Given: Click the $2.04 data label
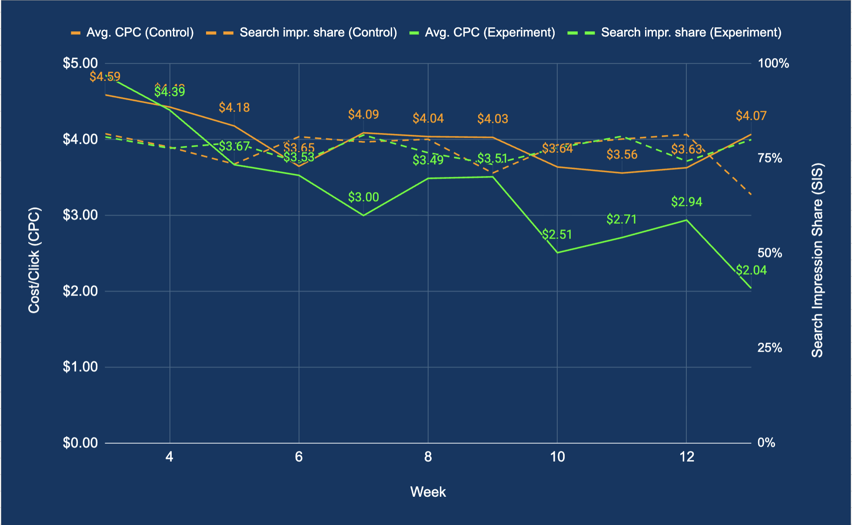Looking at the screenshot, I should (x=751, y=270).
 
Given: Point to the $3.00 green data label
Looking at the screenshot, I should (x=363, y=197).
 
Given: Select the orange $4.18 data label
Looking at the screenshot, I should (x=234, y=107).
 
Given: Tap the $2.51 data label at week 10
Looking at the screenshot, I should (x=557, y=235).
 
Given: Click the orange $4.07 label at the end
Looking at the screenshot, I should (x=751, y=116).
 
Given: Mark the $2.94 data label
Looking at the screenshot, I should (x=686, y=202).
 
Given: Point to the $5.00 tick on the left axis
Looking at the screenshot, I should (x=80, y=63).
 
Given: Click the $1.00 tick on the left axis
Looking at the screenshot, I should (x=80, y=367).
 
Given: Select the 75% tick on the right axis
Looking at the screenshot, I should (x=770, y=158).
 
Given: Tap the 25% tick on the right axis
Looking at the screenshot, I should (x=770, y=348).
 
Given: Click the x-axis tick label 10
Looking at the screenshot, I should (x=557, y=457).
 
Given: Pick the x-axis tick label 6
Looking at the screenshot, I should (x=299, y=457).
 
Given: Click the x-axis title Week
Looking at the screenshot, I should (x=428, y=492).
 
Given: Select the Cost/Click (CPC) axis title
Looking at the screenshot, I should (x=34, y=260).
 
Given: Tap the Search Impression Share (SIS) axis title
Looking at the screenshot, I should (x=817, y=260).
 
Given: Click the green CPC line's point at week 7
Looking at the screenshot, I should (x=363, y=215).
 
